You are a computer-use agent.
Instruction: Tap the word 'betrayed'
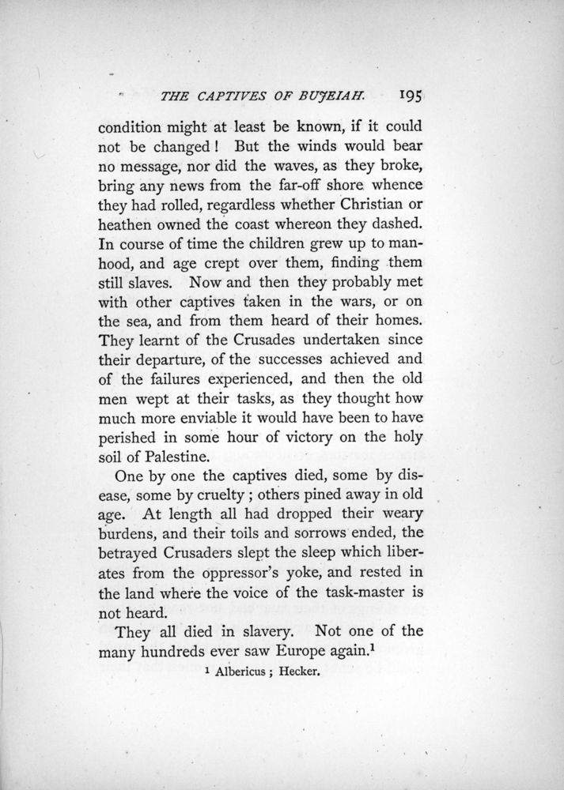pyautogui.click(x=132, y=573)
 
